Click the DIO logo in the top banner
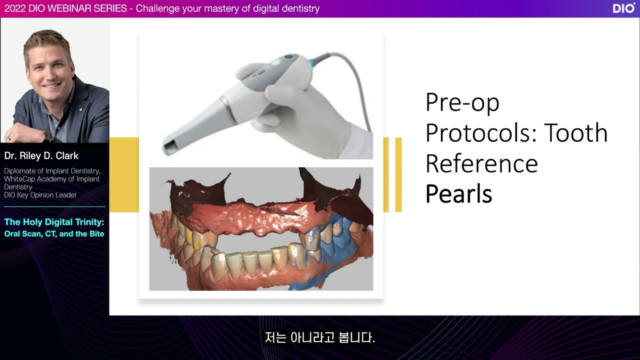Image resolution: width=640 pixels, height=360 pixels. [623, 8]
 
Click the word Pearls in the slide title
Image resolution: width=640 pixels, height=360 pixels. [458, 194]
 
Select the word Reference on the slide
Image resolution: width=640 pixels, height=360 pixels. [481, 163]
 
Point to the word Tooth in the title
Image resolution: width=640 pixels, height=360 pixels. [575, 133]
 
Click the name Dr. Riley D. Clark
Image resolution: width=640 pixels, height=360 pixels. [41, 156]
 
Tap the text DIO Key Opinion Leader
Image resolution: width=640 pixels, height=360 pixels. [40, 195]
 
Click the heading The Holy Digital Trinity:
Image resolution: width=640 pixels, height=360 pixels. [54, 222]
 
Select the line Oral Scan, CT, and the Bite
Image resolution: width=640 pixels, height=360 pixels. [54, 233]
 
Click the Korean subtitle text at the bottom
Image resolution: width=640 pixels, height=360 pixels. [319, 337]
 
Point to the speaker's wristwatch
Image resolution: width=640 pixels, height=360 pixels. [48, 136]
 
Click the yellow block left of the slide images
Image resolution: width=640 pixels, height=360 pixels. [123, 174]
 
